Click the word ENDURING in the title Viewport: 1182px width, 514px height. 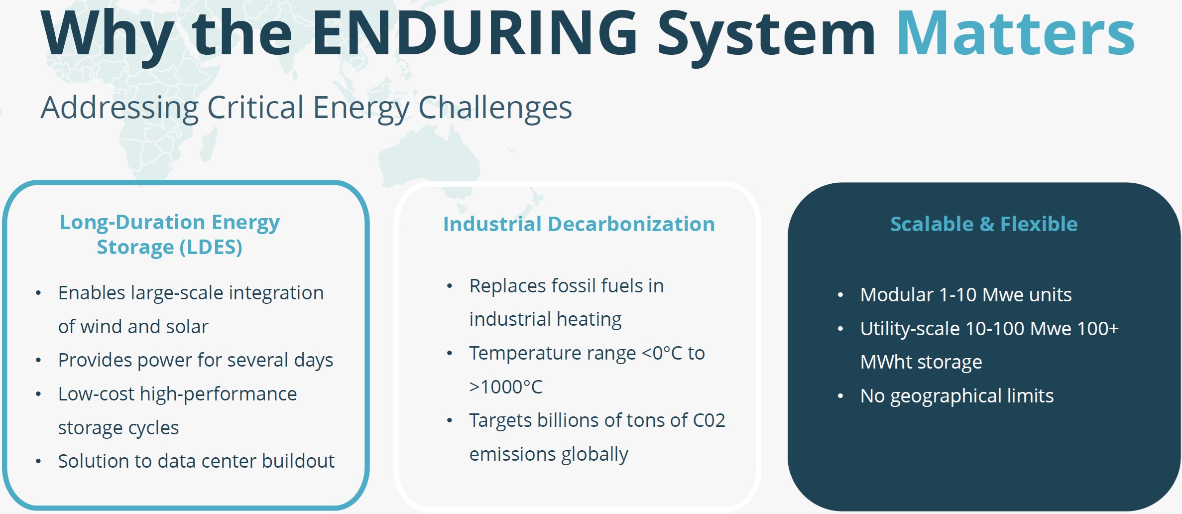click(x=475, y=32)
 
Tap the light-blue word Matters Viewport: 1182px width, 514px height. click(x=1016, y=32)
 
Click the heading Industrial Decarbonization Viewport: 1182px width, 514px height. click(x=579, y=224)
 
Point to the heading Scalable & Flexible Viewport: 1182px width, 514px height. click(x=984, y=224)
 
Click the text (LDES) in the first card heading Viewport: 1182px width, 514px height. click(x=211, y=247)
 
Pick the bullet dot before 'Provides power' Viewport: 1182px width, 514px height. click(x=38, y=361)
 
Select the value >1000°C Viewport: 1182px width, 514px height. click(x=506, y=387)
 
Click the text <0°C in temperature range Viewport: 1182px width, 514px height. click(x=662, y=353)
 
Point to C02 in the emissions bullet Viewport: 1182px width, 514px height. click(x=709, y=420)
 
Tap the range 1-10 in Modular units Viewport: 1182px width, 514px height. click(x=958, y=295)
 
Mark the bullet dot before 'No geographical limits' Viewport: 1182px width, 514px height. click(x=840, y=396)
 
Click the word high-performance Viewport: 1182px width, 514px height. click(x=218, y=394)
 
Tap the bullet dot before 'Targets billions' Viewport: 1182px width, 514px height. click(x=450, y=421)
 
